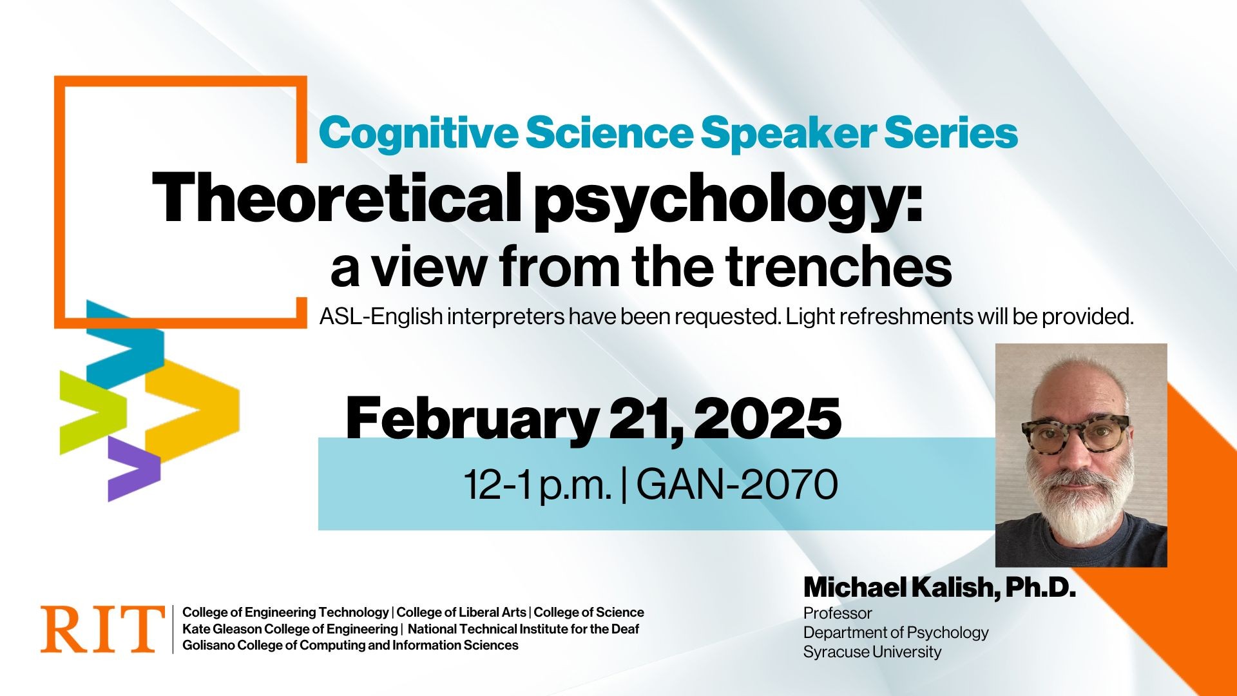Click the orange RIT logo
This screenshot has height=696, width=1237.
(x=102, y=628)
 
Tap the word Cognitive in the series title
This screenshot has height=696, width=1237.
(x=417, y=133)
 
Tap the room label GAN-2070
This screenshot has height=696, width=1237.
(x=737, y=485)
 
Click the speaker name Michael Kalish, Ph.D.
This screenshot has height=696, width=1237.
(x=939, y=588)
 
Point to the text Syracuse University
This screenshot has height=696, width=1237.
(x=872, y=652)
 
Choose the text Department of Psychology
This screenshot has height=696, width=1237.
(x=896, y=633)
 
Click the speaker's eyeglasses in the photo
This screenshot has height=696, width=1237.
(x=1075, y=435)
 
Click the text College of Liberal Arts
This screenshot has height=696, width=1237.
(x=462, y=612)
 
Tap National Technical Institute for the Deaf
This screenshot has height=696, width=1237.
(x=523, y=629)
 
